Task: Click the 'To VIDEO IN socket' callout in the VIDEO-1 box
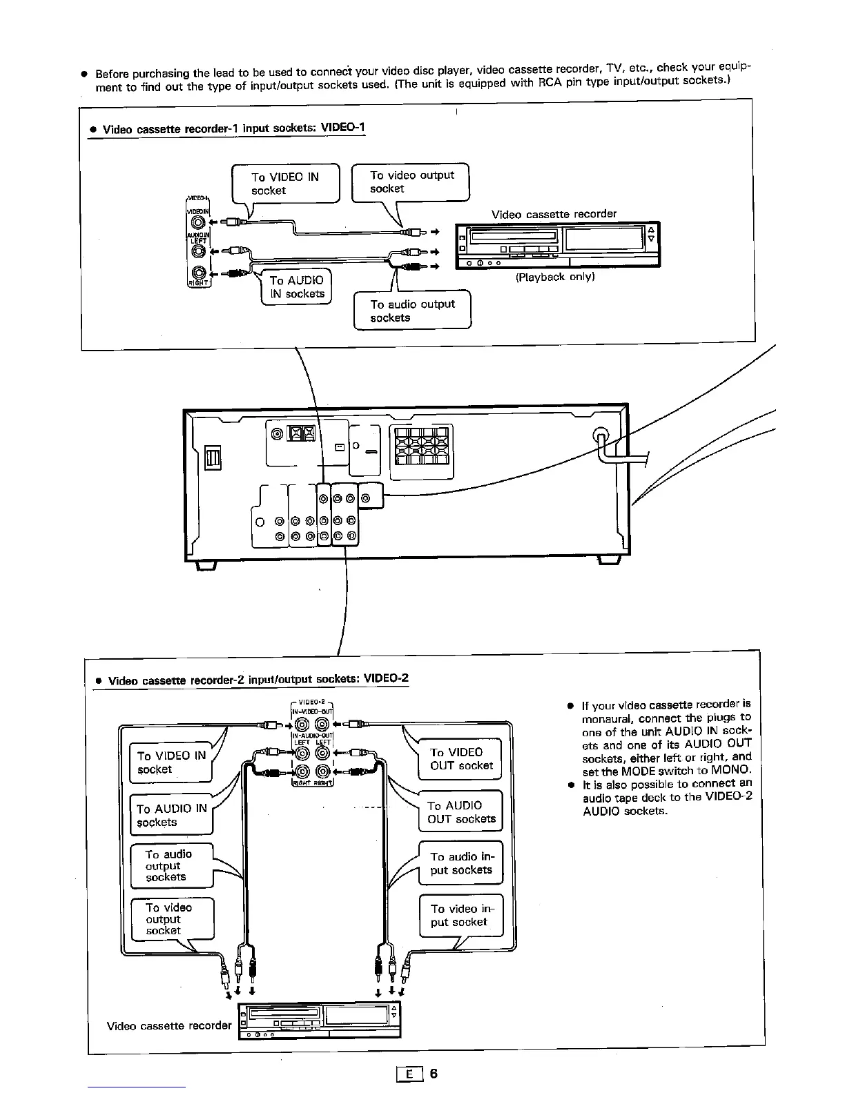click(x=285, y=184)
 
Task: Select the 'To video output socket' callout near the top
click(x=411, y=181)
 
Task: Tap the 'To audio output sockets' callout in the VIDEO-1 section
click(x=412, y=311)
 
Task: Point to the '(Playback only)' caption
click(x=555, y=277)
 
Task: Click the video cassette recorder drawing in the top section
click(x=557, y=245)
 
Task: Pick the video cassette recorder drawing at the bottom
click(x=318, y=1021)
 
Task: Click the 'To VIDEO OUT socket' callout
click(x=460, y=758)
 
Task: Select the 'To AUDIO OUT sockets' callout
click(x=460, y=812)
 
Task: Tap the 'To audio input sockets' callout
click(x=460, y=863)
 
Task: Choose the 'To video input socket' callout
click(x=461, y=916)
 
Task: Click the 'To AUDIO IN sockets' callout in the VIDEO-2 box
click(x=171, y=815)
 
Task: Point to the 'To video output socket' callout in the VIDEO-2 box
click(x=172, y=918)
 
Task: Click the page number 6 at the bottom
click(x=434, y=1074)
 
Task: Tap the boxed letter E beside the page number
click(x=410, y=1074)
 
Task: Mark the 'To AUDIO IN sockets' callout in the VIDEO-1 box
click(x=296, y=287)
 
